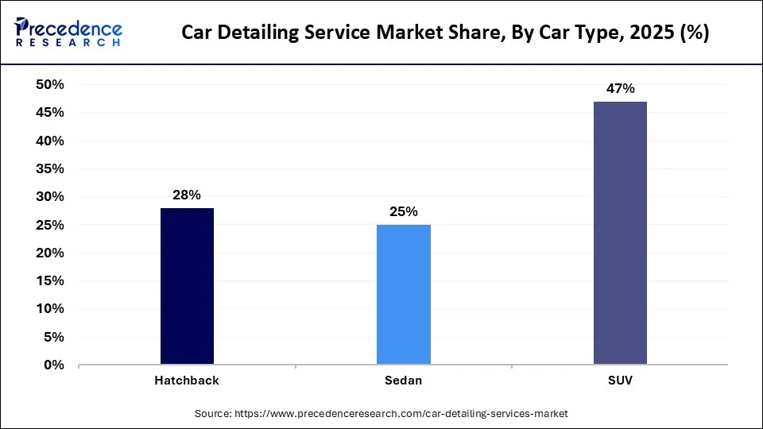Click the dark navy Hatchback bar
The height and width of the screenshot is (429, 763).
(x=187, y=286)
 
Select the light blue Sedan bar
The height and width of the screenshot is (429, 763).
(x=403, y=295)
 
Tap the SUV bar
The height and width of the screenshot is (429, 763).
(x=620, y=233)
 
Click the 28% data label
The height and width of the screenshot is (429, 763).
(x=187, y=195)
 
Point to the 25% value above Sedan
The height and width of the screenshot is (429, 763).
(x=403, y=211)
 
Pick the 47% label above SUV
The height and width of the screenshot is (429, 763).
(x=620, y=88)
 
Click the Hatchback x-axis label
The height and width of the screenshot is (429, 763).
(x=187, y=381)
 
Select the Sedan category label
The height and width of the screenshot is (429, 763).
(x=403, y=381)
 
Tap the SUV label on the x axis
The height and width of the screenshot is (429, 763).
(x=620, y=381)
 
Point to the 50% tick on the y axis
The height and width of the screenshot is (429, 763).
(x=50, y=84)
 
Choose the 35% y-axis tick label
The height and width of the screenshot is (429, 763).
(x=50, y=168)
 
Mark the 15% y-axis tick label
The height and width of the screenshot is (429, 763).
(x=50, y=281)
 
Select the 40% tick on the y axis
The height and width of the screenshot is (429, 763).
(x=50, y=141)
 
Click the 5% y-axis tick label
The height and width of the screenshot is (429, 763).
(x=53, y=337)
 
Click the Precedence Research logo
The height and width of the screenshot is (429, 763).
(x=68, y=32)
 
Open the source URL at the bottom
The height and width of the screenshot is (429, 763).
(x=401, y=414)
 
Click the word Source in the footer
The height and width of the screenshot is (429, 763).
(x=213, y=414)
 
